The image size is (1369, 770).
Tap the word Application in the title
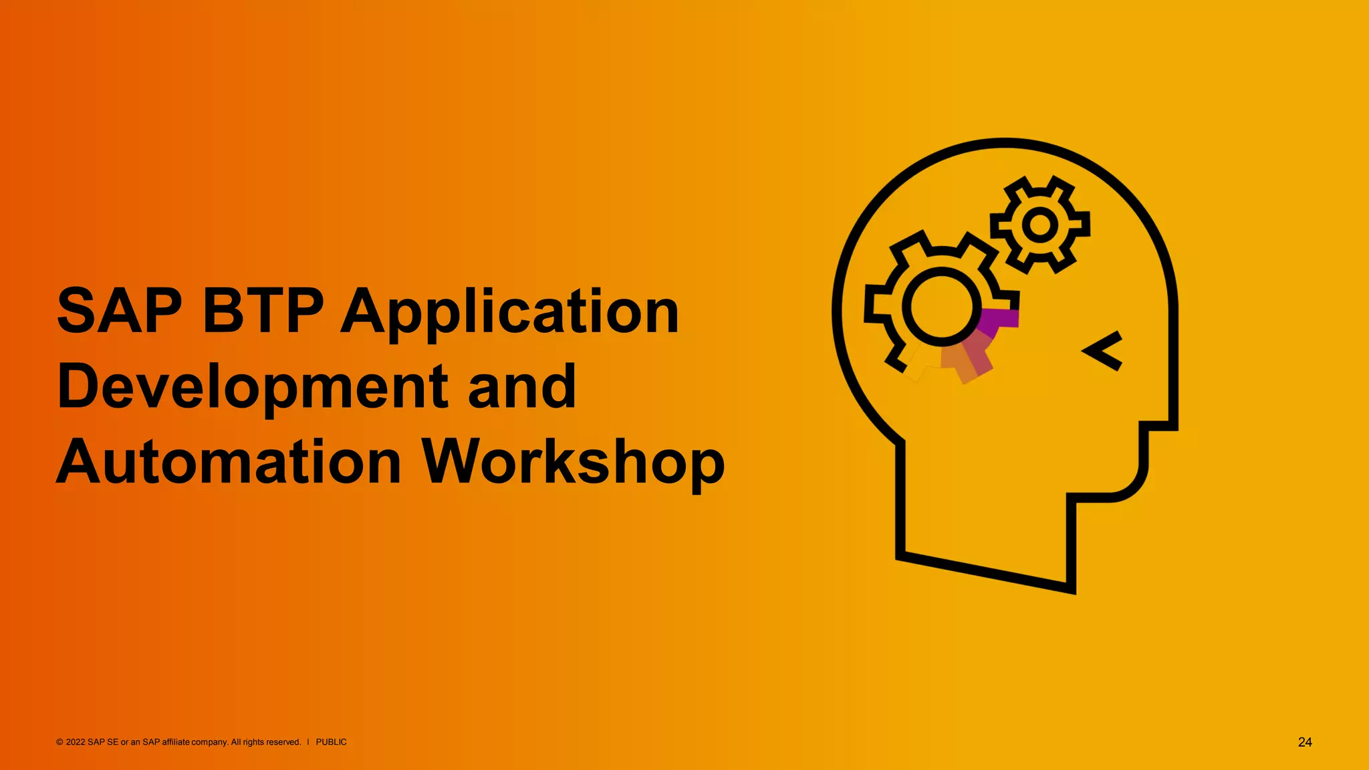point(510,313)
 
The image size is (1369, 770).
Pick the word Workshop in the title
point(573,463)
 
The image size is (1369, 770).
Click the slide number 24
point(1305,742)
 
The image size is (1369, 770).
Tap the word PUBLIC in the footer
point(331,742)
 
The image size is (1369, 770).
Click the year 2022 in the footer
point(76,742)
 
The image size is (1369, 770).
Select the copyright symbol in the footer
point(59,742)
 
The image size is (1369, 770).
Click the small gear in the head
point(1039,225)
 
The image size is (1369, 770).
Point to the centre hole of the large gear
point(941,306)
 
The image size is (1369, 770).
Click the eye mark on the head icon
point(1104,350)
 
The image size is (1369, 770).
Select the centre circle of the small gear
point(1039,225)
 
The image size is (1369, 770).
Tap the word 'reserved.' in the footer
point(284,742)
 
